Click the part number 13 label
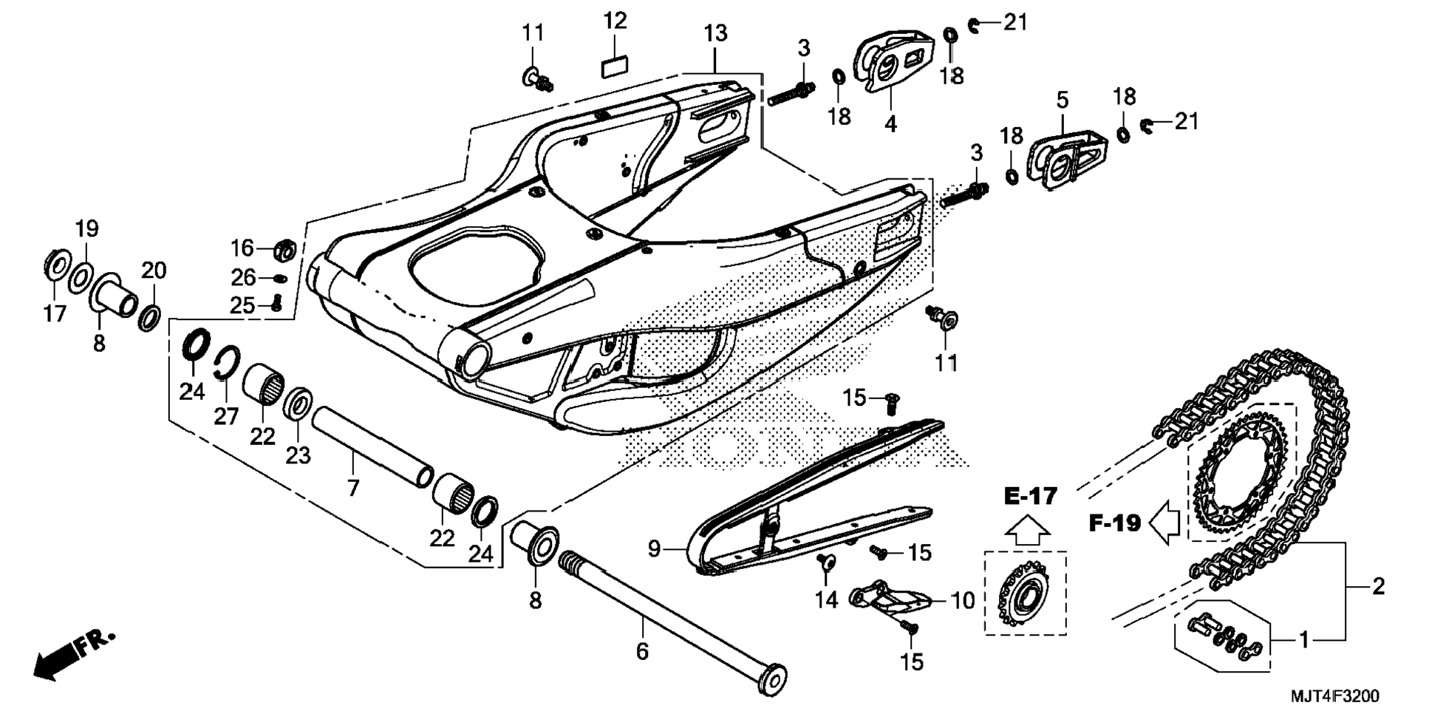click(715, 33)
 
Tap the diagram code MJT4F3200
click(1334, 696)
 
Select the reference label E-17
click(1031, 496)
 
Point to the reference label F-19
click(1116, 523)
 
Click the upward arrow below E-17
click(1028, 530)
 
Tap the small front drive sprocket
click(1023, 592)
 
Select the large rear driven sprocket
click(1241, 473)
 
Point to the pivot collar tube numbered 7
click(372, 445)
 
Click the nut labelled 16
click(284, 250)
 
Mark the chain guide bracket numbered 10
click(889, 599)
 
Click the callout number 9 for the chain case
click(654, 549)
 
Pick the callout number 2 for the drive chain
click(1377, 587)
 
